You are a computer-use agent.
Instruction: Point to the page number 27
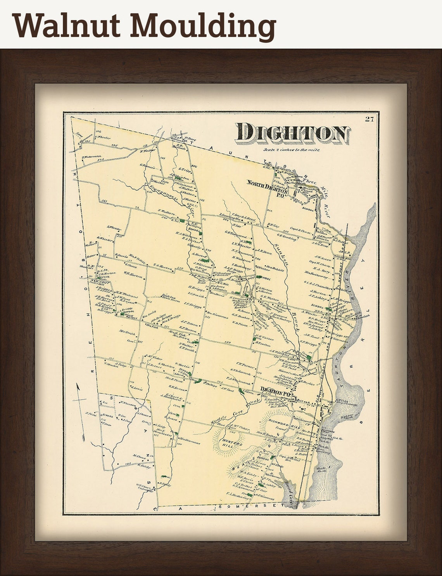[x=369, y=119]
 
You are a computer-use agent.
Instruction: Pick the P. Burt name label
[x=190, y=138]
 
